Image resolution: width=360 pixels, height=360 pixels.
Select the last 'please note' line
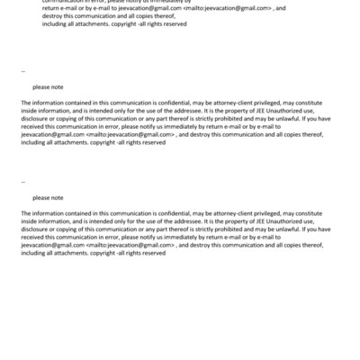tap(48, 197)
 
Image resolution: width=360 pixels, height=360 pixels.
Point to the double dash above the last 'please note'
tap(22, 183)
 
